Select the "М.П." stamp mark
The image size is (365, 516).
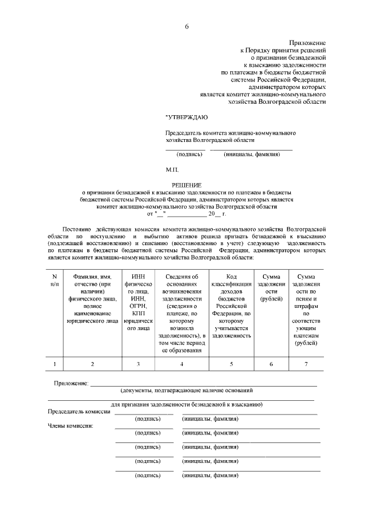click(172, 169)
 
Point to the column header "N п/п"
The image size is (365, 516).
click(55, 279)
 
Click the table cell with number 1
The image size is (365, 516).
click(55, 364)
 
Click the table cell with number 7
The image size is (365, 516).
click(306, 364)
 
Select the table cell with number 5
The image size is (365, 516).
click(231, 364)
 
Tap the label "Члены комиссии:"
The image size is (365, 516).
click(70, 425)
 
